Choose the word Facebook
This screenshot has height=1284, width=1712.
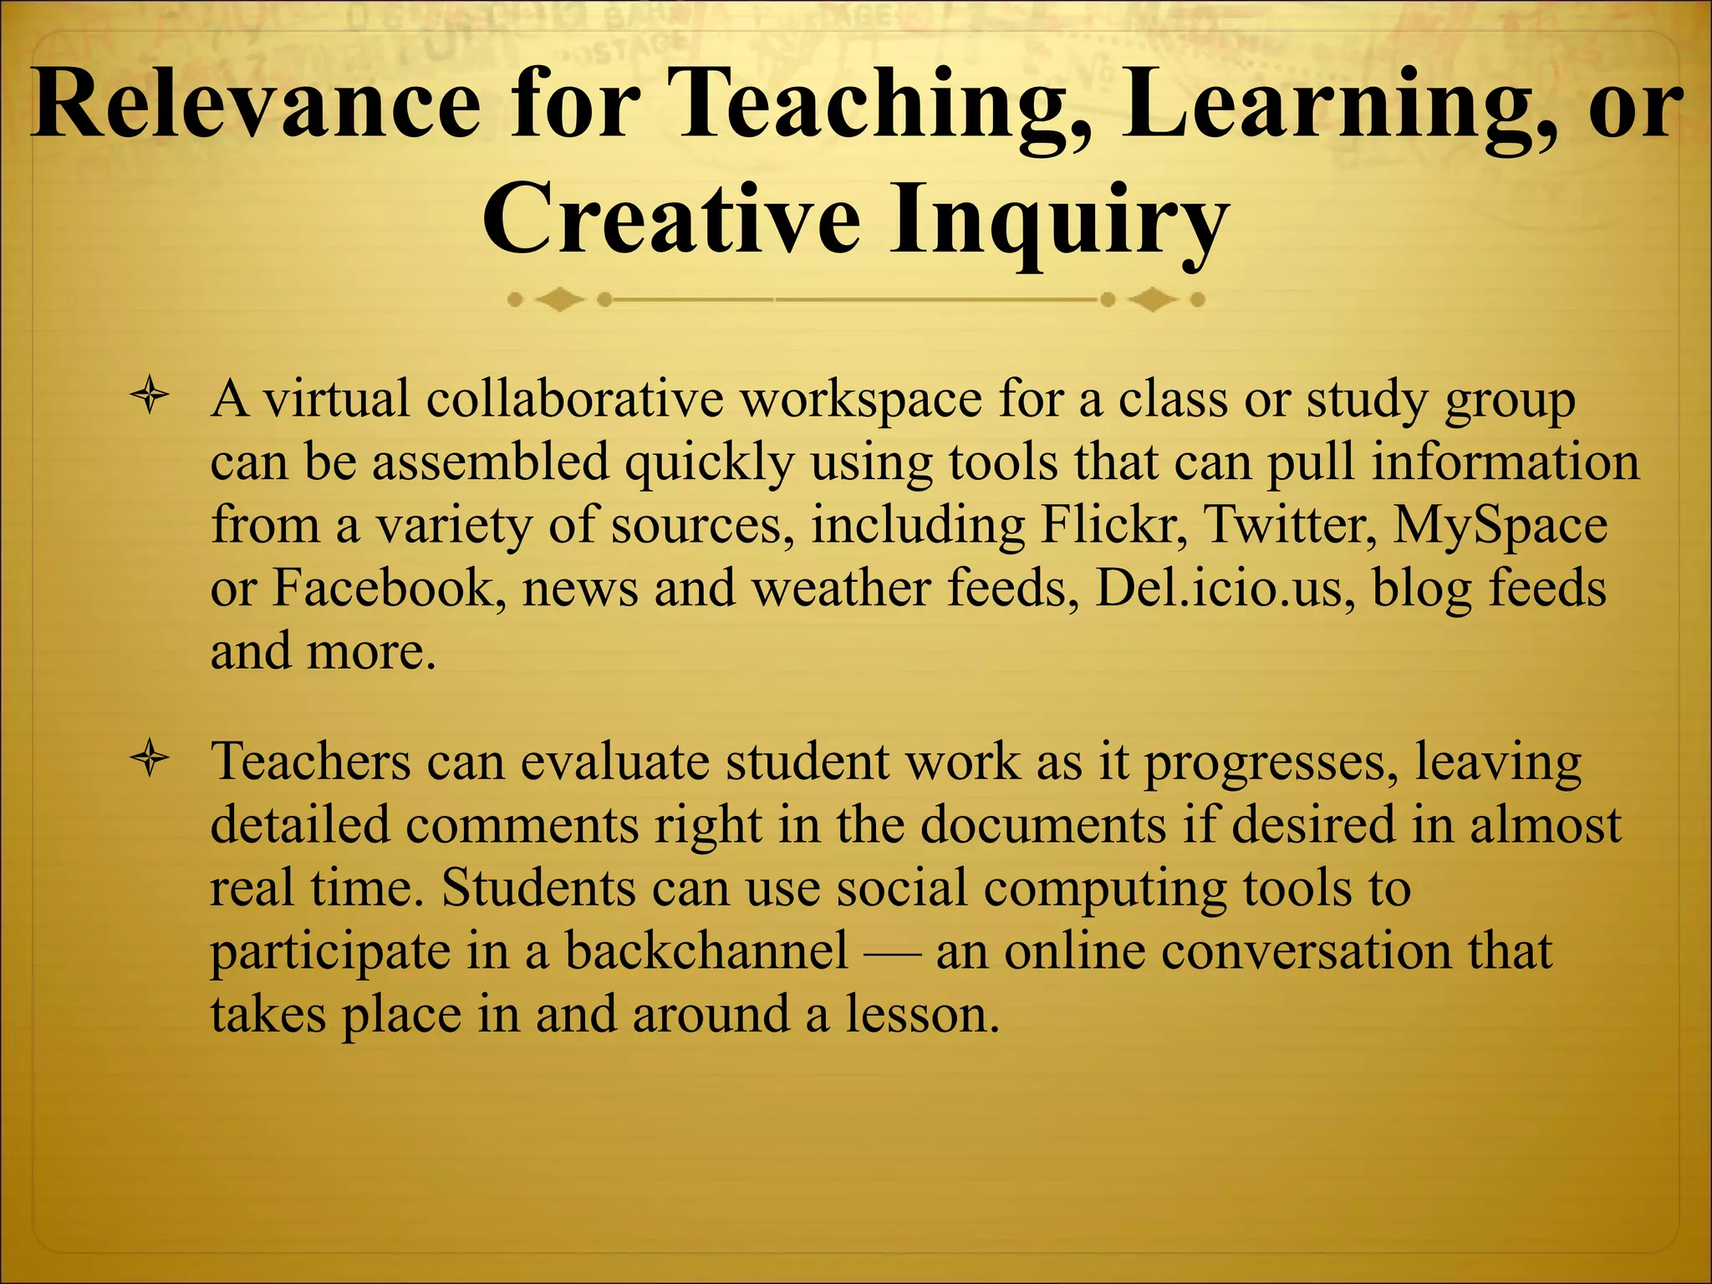tap(389, 588)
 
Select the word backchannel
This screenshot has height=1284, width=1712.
tap(706, 951)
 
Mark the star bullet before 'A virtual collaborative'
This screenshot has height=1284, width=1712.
tap(150, 399)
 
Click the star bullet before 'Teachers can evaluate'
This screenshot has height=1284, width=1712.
tap(150, 762)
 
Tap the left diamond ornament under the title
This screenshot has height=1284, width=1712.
tap(559, 299)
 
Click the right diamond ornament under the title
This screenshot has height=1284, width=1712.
tap(1153, 299)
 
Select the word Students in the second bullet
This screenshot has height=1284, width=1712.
tap(538, 888)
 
